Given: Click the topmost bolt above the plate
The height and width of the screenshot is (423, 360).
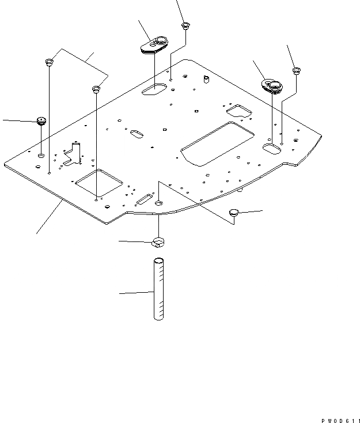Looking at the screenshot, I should click(x=185, y=25).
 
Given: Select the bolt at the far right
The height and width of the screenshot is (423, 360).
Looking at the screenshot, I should click(x=296, y=71).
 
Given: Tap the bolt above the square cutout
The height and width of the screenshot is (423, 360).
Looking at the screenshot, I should click(x=96, y=89).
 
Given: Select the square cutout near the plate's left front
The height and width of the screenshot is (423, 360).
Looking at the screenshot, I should click(x=98, y=183).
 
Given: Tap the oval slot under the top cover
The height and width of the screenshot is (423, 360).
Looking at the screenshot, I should click(x=154, y=89).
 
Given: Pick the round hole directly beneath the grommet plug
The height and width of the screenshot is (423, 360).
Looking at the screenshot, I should click(x=41, y=156).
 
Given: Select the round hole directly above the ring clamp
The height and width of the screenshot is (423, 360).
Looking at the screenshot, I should click(x=159, y=203).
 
